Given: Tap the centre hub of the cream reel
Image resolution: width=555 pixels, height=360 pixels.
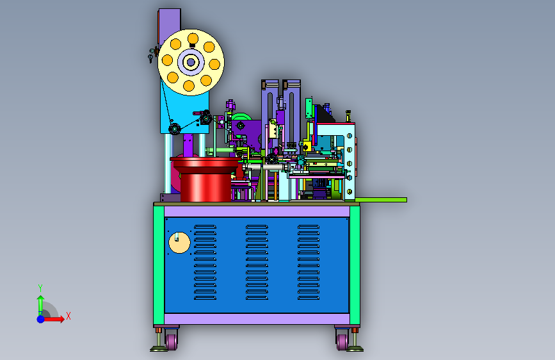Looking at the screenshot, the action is point(191,62).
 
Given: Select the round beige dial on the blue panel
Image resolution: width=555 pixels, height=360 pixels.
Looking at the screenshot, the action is point(179,243).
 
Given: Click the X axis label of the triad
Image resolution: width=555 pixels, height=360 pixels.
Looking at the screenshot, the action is point(68,316).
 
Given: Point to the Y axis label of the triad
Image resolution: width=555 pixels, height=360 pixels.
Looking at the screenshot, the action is point(40,288).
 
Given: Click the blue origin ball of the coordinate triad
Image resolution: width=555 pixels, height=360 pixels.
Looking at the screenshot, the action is point(41,319).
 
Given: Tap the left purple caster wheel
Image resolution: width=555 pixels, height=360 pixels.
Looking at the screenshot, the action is point(172,341).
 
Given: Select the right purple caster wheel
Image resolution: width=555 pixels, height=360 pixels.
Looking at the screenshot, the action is point(342,341).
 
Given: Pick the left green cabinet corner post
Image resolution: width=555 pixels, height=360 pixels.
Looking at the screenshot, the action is point(159,265).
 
